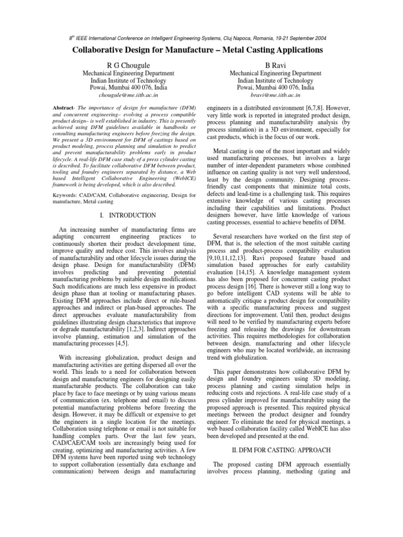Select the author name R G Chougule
(125, 65)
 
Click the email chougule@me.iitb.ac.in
(125, 95)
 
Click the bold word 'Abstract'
(62, 107)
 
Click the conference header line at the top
(201, 39)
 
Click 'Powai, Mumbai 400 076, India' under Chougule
(125, 87)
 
